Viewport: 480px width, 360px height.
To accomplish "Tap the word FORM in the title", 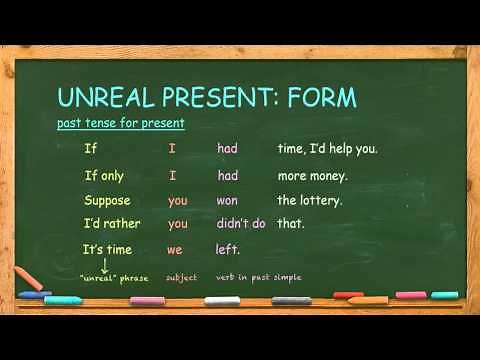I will tap(321, 97).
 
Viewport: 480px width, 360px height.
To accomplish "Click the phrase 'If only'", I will tap(104, 175).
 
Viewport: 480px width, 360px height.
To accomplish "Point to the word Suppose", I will tap(109, 200).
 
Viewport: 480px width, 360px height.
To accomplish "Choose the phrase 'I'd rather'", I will tap(110, 224).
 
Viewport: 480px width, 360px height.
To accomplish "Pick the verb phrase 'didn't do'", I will tap(241, 224).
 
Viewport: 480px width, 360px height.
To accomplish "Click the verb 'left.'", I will tap(228, 249).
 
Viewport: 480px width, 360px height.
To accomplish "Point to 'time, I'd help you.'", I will tap(327, 149).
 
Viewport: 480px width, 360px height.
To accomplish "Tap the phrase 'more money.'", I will tap(312, 175).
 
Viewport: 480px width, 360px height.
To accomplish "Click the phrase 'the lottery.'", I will tap(310, 200).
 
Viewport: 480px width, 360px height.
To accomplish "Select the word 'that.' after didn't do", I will tap(291, 224).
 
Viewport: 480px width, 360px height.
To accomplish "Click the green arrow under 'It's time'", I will tap(104, 265).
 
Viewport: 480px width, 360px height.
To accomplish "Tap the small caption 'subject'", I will tap(182, 277).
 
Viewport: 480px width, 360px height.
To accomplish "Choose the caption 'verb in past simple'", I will tap(258, 277).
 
